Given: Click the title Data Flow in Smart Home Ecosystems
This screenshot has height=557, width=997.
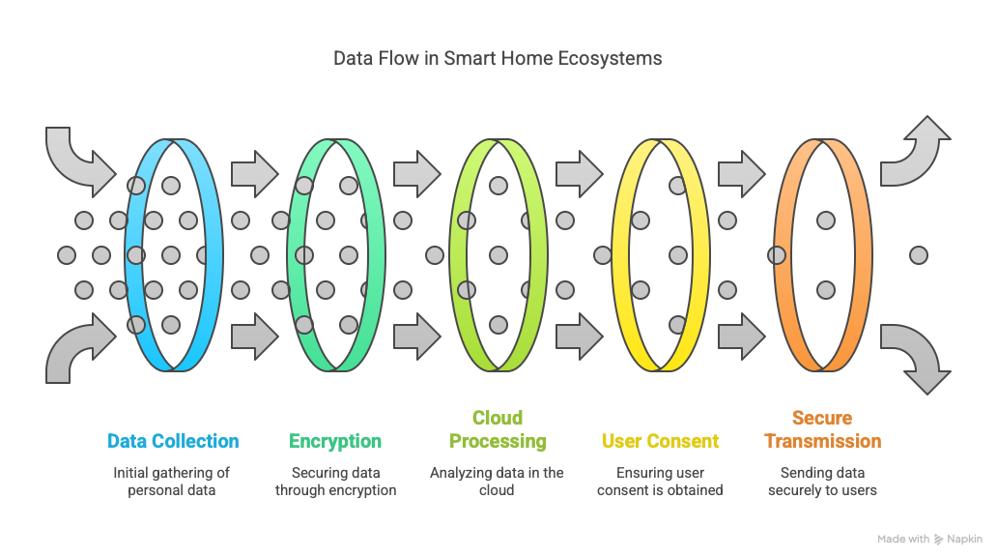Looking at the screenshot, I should (498, 58).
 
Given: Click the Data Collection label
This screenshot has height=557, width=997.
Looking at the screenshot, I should (173, 441).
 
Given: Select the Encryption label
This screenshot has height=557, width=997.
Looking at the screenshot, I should (335, 441).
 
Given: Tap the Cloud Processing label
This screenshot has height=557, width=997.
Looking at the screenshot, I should (497, 429).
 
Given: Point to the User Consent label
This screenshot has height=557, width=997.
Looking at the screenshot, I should (660, 441).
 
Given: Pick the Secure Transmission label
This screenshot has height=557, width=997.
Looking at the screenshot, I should (822, 429).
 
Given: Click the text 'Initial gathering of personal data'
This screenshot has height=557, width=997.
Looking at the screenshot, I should (173, 482).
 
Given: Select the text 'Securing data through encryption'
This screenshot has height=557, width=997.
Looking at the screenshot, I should (335, 482).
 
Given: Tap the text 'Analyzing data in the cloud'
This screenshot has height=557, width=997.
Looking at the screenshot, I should (497, 482).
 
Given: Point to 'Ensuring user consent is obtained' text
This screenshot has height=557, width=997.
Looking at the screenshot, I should (660, 482).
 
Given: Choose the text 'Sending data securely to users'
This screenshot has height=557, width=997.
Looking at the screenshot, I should (822, 482).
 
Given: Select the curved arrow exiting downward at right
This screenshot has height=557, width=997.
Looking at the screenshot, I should (919, 356).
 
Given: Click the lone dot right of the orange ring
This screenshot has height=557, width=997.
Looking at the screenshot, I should (919, 255).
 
